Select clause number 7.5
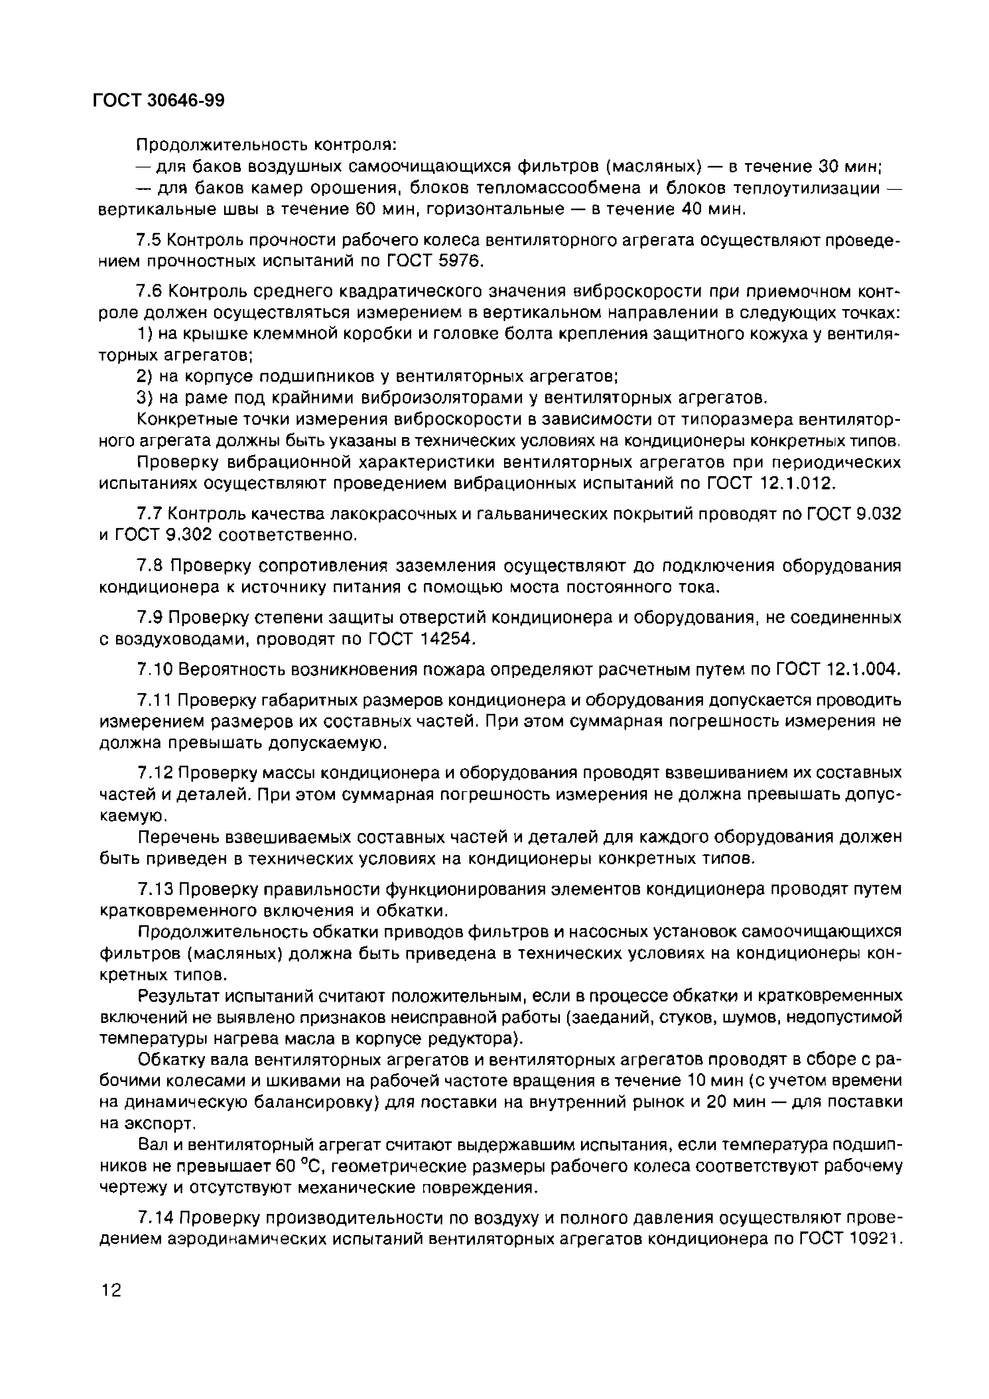[149, 241]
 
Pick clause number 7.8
[149, 566]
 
